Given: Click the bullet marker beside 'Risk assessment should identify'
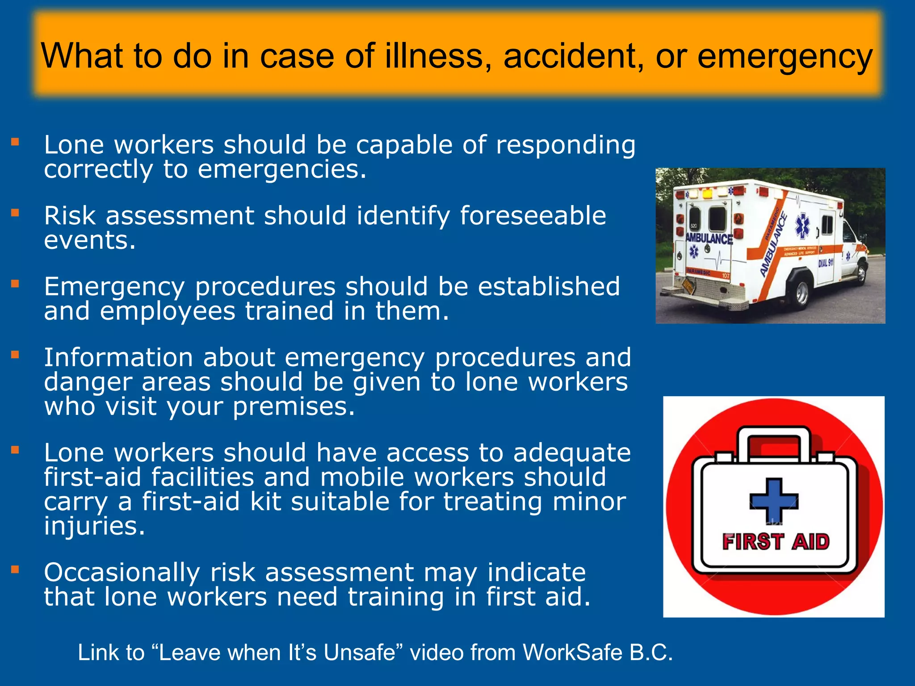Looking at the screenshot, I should tap(15, 213).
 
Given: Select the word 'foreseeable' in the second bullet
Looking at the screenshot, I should tap(533, 216).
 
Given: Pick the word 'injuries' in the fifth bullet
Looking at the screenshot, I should tap(94, 526).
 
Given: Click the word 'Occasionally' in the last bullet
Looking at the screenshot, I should tap(122, 573).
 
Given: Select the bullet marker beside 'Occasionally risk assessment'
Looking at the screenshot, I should tap(15, 569).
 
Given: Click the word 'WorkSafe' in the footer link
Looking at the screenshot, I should tap(572, 653).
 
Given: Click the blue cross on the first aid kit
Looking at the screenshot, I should tap(773, 500).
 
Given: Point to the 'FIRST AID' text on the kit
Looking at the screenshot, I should tap(775, 542).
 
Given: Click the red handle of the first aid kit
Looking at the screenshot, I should tap(774, 445).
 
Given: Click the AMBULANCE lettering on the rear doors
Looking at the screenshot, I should tap(709, 238).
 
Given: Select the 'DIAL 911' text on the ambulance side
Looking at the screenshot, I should tap(826, 263).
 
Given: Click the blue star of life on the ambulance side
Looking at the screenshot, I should tap(802, 226).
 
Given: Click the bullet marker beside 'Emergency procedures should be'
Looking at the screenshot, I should tap(15, 284).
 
